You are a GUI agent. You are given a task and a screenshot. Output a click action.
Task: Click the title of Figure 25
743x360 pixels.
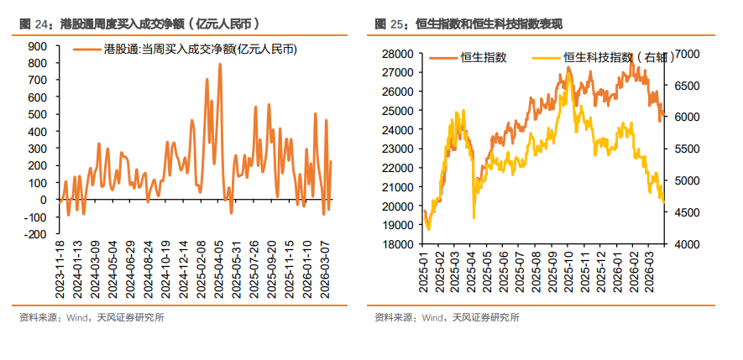pos(470,23)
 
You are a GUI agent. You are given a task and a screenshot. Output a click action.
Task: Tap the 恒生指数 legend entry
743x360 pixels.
pos(484,57)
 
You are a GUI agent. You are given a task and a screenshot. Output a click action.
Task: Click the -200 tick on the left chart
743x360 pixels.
pos(35,235)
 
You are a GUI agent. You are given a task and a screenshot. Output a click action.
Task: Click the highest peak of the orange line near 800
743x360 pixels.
pos(220,65)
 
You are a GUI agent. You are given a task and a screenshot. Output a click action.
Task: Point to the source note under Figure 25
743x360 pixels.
pos(447,317)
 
